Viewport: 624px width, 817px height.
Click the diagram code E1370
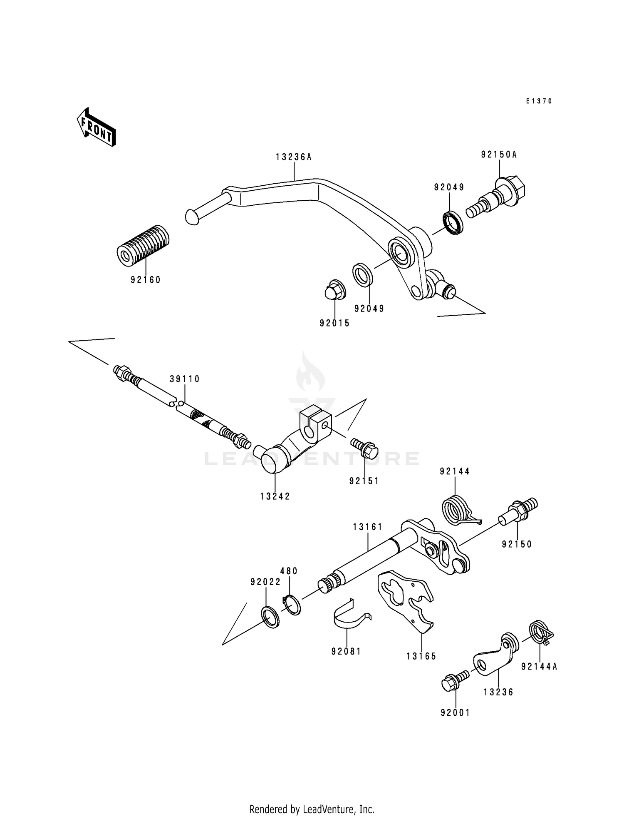pos(538,101)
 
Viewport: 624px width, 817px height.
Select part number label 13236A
pos(293,157)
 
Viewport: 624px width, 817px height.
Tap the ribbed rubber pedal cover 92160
pos(143,246)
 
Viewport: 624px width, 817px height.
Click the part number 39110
pos(185,379)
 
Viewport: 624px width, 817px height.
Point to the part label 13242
pos(275,496)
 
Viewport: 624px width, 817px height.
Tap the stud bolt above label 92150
pos(518,511)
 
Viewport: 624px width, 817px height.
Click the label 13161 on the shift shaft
pos(368,527)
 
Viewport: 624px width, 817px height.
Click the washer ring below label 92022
pos(270,618)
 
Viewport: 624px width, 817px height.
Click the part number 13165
pos(421,657)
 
